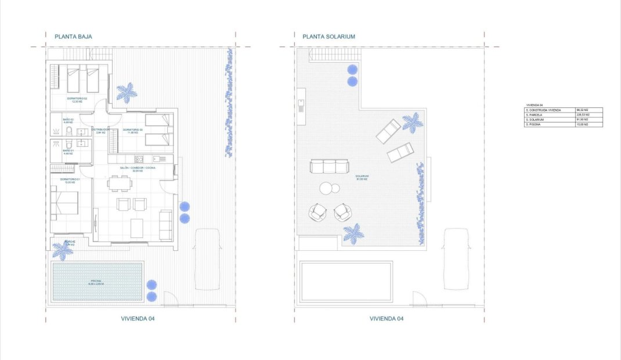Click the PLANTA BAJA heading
[x=73, y=36]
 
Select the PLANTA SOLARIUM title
[x=328, y=36]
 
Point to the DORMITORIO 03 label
[x=133, y=129]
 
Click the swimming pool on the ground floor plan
[x=97, y=282]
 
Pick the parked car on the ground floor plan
[x=207, y=258]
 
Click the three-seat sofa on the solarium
[x=330, y=167]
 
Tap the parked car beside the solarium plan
[x=456, y=258]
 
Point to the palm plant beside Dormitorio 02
[x=127, y=92]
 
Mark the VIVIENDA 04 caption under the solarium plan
[x=386, y=319]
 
